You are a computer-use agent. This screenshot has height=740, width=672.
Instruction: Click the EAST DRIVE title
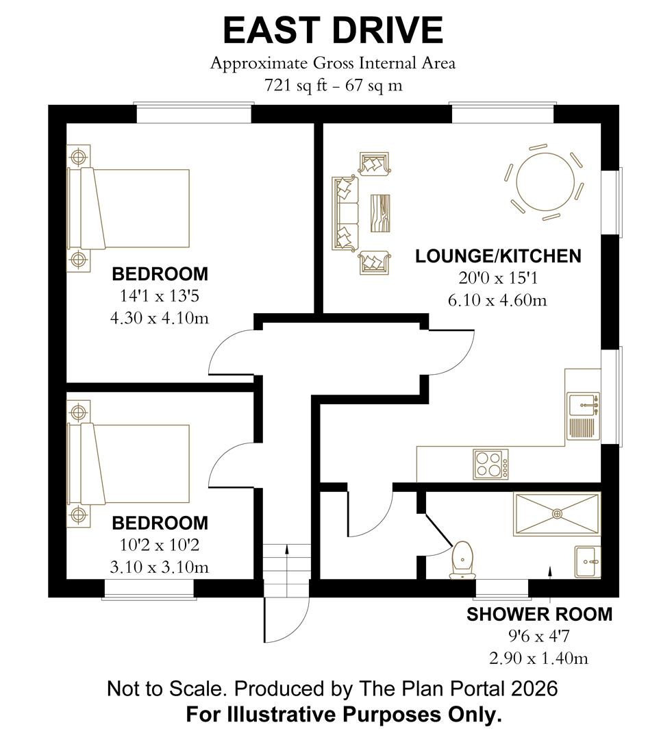pos(333,31)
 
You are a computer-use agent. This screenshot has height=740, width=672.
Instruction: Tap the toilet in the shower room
pos(463,558)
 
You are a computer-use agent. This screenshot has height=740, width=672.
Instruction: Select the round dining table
pos(545,182)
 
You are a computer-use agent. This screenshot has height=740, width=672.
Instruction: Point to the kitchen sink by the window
pos(584,405)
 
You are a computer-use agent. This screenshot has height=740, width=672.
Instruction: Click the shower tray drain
pos(556,513)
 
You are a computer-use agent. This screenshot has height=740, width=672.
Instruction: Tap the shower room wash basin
pos(587,562)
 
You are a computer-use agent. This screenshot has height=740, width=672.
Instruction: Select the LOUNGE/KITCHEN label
pos(498,256)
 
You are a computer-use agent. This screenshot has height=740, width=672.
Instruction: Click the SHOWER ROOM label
pos(539,615)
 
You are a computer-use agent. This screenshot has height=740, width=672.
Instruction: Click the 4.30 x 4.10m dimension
pos(159,318)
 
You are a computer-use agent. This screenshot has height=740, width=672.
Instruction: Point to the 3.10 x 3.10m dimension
pos(159,567)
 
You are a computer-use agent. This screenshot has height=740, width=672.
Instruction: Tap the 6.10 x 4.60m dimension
pos(498,300)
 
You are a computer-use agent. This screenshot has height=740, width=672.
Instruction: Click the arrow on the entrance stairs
pos(287,551)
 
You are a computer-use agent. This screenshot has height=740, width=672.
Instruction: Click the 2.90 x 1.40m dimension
pos(539,658)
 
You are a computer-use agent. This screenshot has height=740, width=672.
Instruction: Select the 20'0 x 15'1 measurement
pos(498,278)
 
